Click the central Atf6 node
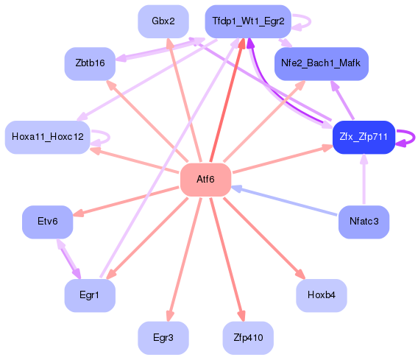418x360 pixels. [x=205, y=180]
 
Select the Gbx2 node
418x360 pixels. [x=163, y=21]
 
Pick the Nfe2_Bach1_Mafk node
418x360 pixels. [x=321, y=64]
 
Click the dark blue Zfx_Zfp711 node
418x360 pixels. [x=364, y=137]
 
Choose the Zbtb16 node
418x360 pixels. [x=90, y=64]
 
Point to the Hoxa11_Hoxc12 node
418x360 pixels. [x=47, y=137]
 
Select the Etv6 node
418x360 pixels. [x=47, y=221]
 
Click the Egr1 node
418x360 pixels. [x=90, y=295]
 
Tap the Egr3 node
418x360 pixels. [x=163, y=338]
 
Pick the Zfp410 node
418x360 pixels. [x=247, y=338]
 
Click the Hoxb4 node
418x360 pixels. [x=321, y=295]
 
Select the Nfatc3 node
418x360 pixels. [x=364, y=221]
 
